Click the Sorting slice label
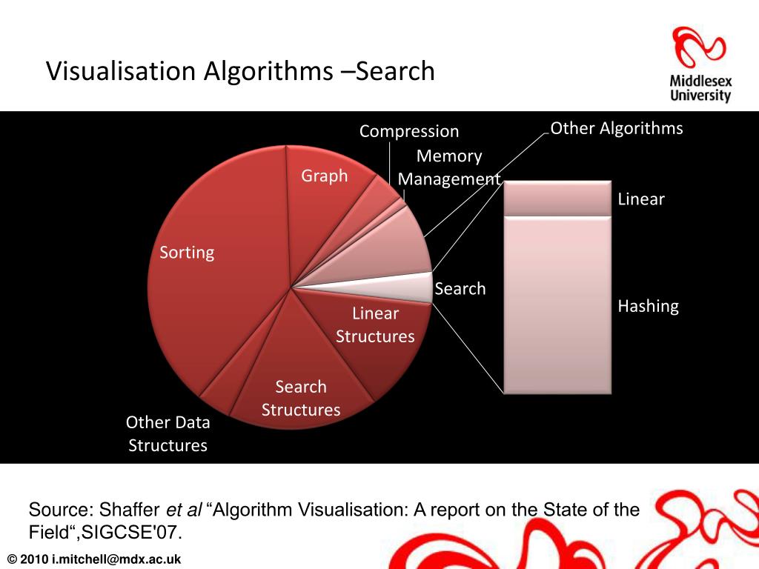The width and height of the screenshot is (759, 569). point(187,253)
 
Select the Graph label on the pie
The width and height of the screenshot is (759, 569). point(324,176)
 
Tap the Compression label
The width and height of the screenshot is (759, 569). point(409,131)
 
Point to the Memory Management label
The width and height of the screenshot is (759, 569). point(449,167)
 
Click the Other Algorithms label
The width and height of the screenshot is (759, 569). point(617,128)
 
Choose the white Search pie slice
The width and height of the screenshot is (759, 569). point(400,287)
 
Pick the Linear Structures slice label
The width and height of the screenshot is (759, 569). point(375,325)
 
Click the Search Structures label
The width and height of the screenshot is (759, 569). point(301,398)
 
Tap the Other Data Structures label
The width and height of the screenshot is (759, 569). point(168,433)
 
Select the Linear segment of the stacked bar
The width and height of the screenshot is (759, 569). point(557,198)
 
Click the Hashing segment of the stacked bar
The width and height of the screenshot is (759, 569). point(557,304)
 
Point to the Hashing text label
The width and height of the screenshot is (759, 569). point(649,306)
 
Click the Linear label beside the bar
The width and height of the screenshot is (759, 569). point(641,199)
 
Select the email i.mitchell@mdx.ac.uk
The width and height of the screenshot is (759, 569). point(116,559)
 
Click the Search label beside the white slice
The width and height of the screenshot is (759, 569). point(460,289)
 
